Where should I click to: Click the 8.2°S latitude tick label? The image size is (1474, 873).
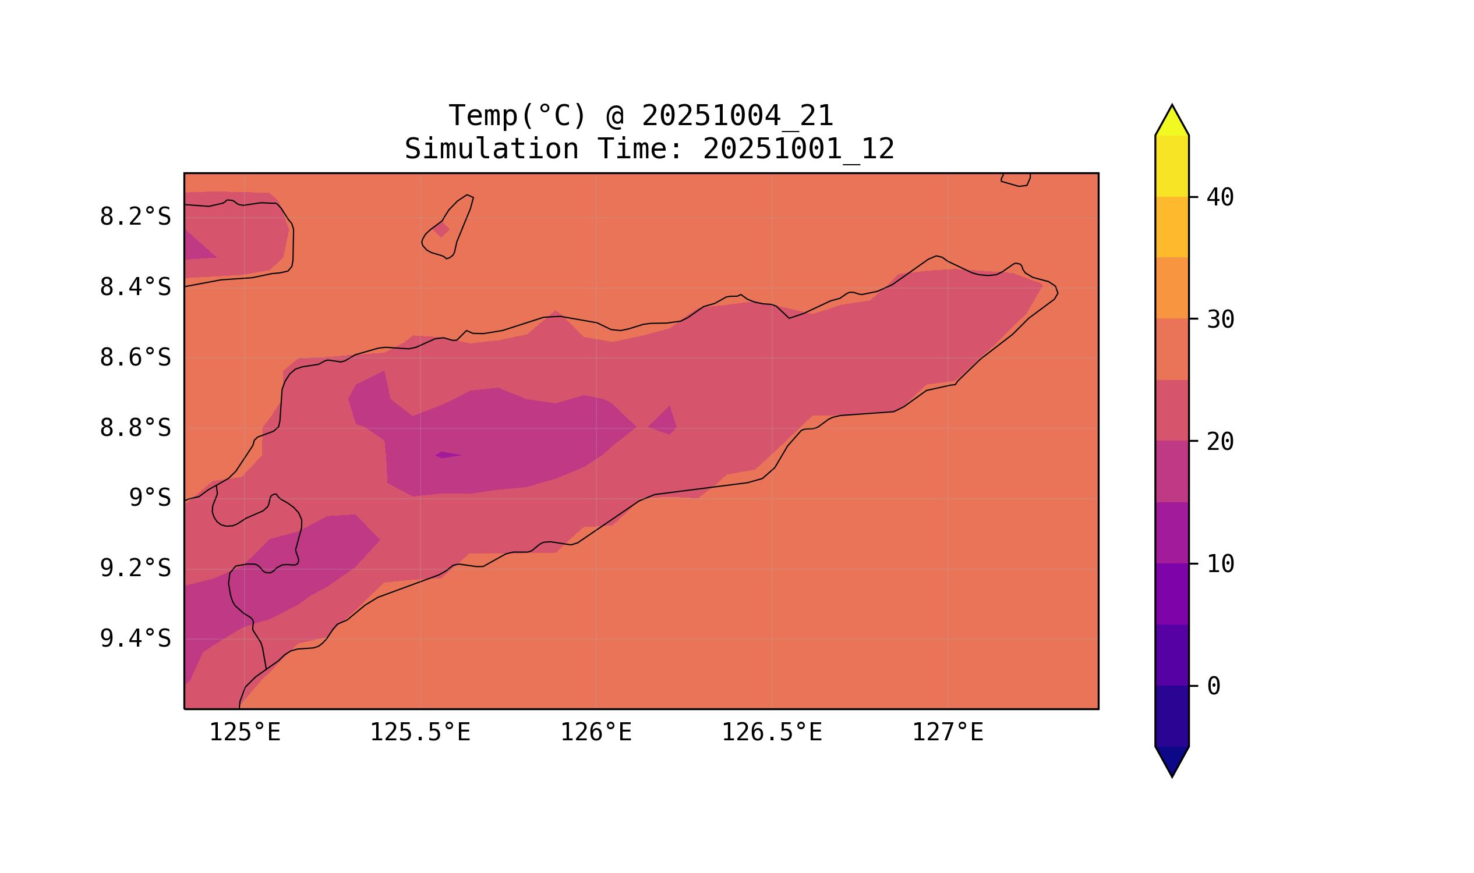click(x=135, y=217)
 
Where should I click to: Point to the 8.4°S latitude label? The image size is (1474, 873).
click(x=135, y=288)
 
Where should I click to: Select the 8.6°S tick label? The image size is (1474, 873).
click(x=135, y=358)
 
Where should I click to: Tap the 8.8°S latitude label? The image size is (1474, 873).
click(x=135, y=428)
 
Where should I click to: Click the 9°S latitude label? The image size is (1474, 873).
click(x=150, y=498)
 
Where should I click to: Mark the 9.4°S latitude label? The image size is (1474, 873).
click(x=135, y=639)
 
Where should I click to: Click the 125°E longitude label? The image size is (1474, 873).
click(x=245, y=733)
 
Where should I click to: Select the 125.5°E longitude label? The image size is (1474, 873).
click(x=420, y=733)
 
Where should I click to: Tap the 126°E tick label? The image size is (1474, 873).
click(x=596, y=733)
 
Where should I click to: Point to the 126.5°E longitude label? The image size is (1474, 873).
click(x=771, y=733)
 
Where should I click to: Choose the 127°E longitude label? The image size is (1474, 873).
click(x=947, y=733)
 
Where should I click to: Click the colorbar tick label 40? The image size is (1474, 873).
click(x=1220, y=198)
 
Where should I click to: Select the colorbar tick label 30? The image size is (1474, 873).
click(x=1220, y=320)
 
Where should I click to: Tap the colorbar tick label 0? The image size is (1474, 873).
click(x=1213, y=687)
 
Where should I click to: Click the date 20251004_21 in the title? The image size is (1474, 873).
click(x=737, y=116)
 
